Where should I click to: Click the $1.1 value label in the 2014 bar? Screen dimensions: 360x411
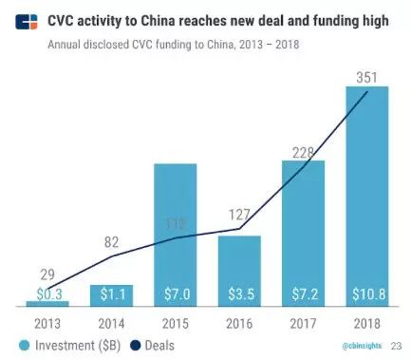pyautogui.click(x=111, y=295)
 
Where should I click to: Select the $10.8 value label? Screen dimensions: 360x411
pyautogui.click(x=365, y=295)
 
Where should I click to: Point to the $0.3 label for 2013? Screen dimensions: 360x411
pyautogui.click(x=47, y=295)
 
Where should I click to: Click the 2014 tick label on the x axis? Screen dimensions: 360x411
pyautogui.click(x=111, y=323)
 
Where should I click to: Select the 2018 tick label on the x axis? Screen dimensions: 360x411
pyautogui.click(x=365, y=323)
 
